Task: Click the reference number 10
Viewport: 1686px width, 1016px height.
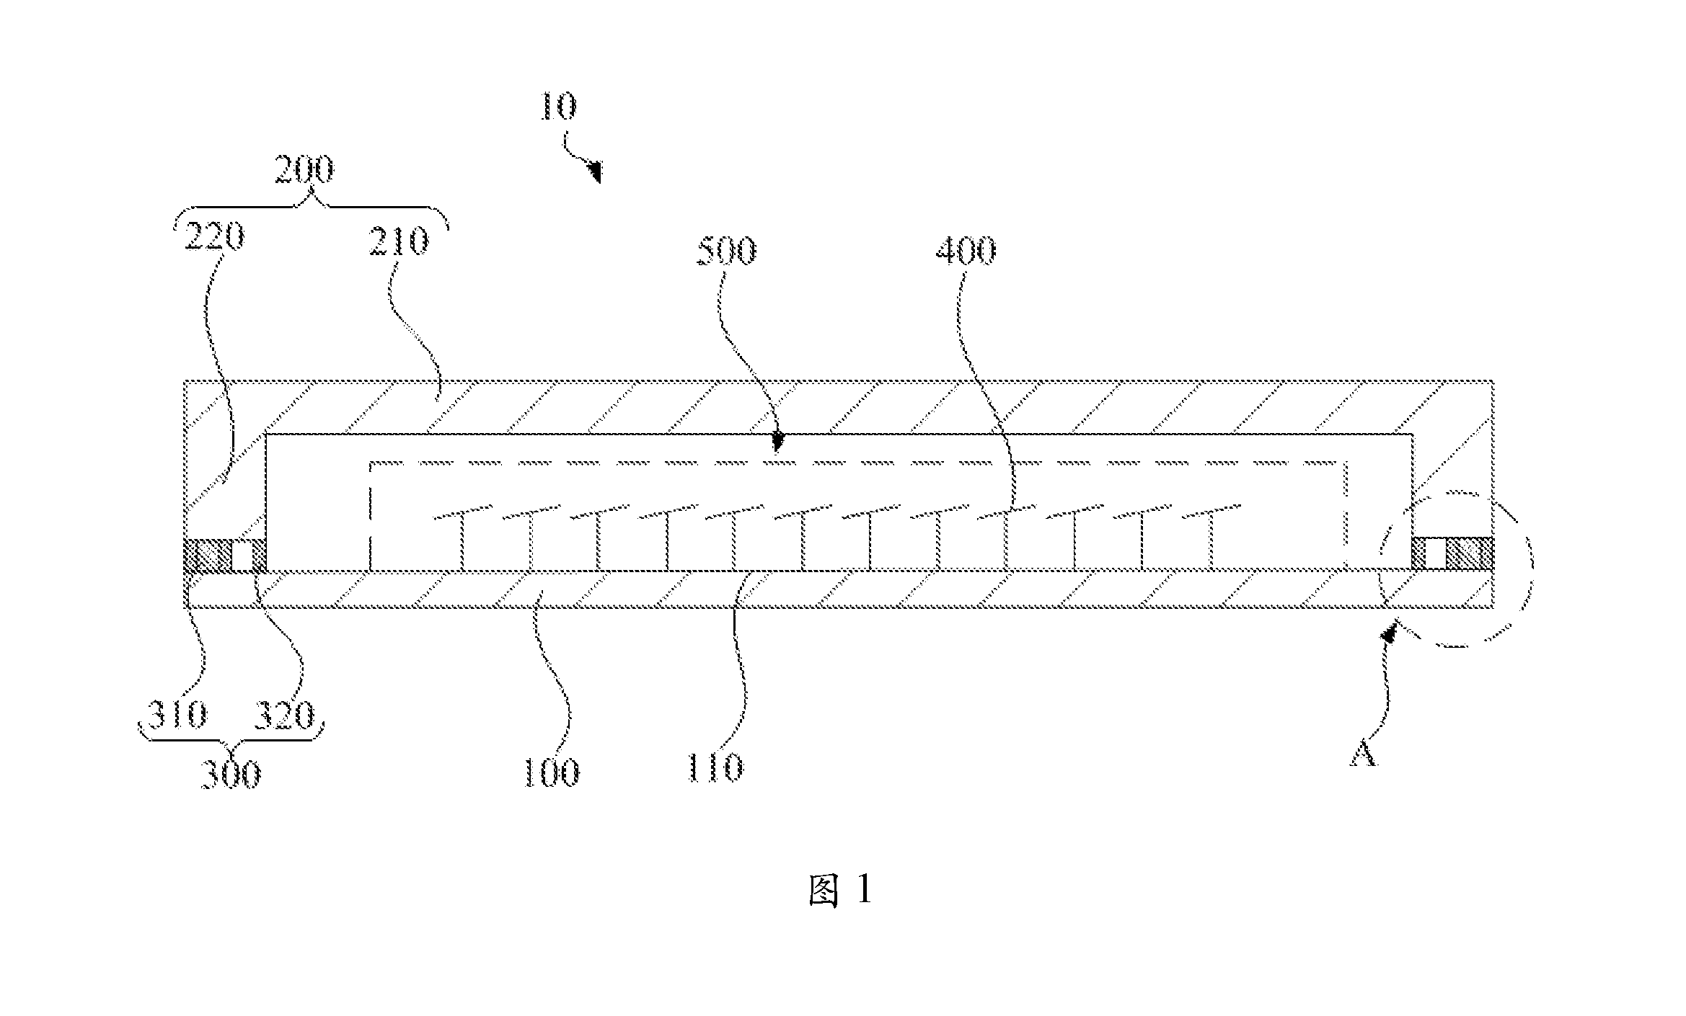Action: coord(558,106)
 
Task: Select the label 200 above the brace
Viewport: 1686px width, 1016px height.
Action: coord(304,171)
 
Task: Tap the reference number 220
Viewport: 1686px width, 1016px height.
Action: coord(214,237)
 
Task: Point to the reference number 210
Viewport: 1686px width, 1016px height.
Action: coord(398,241)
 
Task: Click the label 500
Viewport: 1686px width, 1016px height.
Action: coord(726,251)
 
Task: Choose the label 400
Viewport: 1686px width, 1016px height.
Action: coord(966,250)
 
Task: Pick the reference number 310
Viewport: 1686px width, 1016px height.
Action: coord(177,715)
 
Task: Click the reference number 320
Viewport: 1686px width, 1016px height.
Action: coord(284,716)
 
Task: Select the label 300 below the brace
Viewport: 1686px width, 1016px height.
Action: coord(230,775)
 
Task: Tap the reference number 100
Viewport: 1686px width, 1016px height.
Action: coord(550,773)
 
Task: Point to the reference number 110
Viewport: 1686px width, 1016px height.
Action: coord(714,768)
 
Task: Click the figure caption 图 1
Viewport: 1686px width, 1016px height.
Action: coord(840,891)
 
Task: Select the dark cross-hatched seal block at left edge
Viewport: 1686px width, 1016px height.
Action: coord(208,555)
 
